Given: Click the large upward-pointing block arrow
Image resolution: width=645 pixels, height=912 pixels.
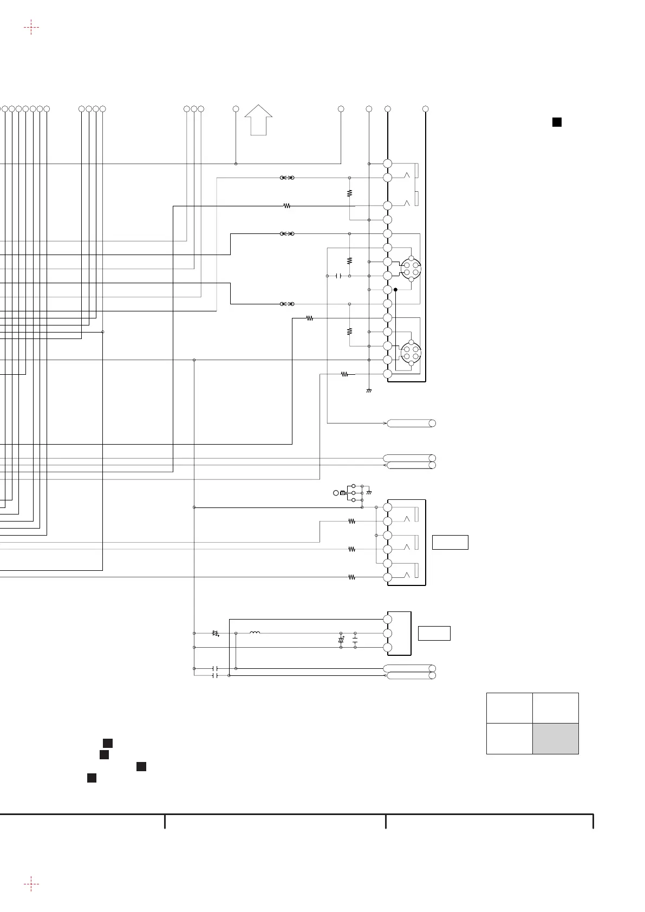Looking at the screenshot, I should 258,119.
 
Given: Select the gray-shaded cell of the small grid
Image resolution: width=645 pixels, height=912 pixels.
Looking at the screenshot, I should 555,738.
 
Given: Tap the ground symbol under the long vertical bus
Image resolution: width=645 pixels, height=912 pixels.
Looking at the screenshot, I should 369,390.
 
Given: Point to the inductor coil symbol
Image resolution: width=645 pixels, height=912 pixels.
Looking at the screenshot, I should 255,633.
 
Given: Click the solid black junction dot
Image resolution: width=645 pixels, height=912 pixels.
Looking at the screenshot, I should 395,290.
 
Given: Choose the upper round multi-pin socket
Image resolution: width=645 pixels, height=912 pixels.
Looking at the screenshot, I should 411,269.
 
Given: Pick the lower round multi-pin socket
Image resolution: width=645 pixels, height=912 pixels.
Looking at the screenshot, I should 411,353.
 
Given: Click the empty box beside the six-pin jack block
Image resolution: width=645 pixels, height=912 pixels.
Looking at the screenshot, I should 450,542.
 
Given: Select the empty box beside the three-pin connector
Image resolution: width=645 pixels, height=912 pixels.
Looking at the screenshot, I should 434,633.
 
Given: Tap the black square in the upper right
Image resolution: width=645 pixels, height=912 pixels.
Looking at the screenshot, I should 556,122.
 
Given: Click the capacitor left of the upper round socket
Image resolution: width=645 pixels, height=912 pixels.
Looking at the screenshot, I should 338,276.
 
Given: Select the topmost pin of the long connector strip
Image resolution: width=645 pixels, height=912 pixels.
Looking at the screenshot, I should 387,164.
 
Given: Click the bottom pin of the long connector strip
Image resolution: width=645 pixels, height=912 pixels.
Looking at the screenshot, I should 387,374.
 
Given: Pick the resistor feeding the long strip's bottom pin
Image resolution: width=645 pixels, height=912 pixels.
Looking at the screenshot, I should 344,374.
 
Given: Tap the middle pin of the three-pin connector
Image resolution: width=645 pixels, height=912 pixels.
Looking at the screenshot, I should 387,633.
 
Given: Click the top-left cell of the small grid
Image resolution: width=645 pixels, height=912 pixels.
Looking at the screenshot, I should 509,708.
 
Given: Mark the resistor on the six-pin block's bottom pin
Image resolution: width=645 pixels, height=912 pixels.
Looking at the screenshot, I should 351,577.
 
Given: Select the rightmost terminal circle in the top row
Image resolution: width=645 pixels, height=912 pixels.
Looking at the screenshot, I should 426,109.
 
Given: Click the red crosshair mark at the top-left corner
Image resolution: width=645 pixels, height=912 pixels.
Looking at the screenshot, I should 31,27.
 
